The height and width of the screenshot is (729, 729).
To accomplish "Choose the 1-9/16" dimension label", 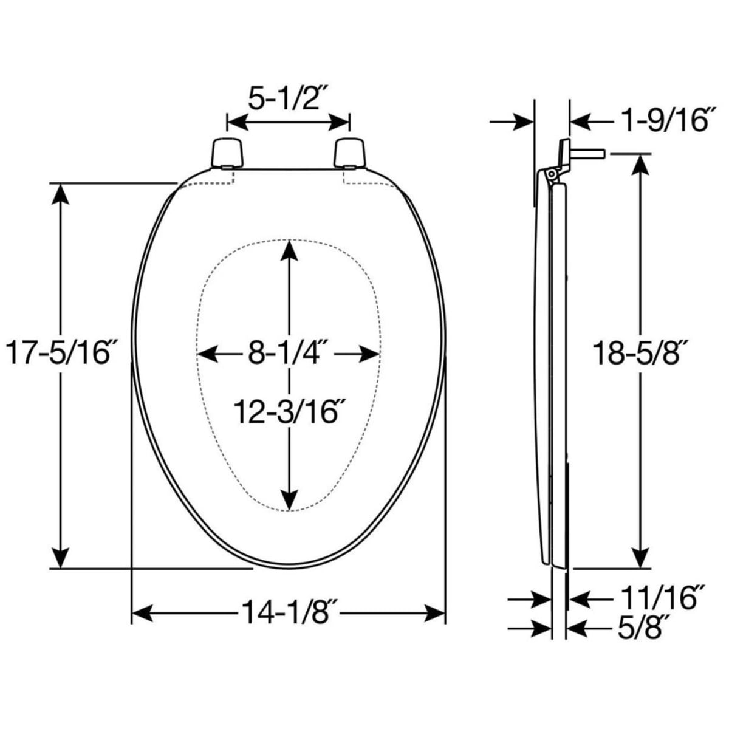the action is (x=664, y=120).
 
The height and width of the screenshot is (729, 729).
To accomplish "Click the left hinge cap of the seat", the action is (x=227, y=153).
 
